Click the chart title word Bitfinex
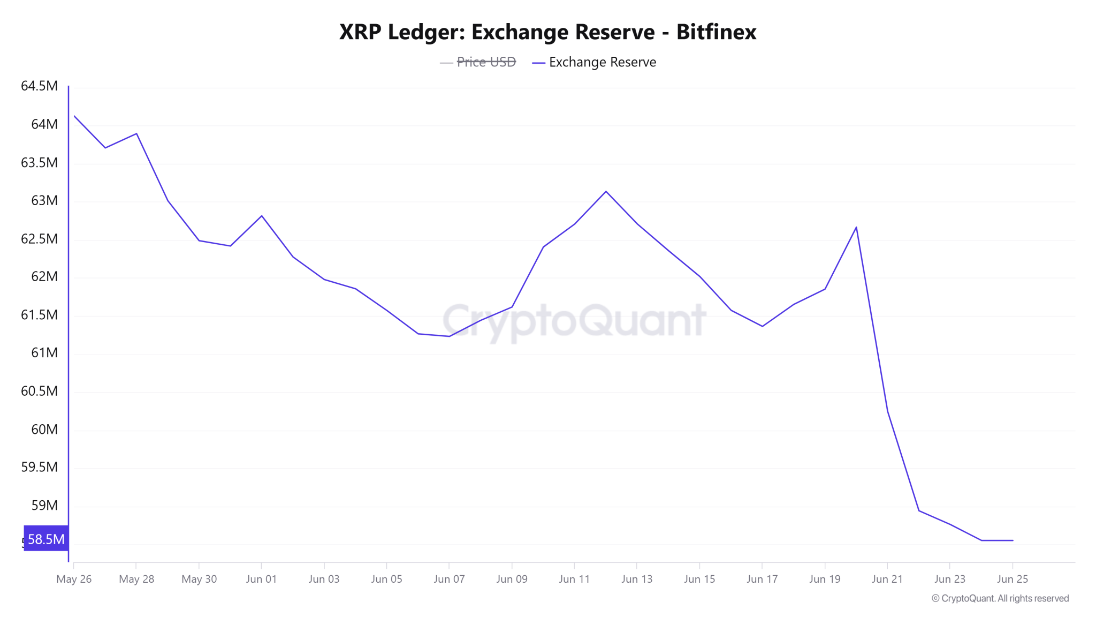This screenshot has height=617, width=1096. click(716, 32)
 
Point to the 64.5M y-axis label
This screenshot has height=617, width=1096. click(39, 86)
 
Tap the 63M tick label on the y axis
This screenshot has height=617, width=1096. click(44, 200)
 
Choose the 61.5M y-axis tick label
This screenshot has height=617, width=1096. click(39, 315)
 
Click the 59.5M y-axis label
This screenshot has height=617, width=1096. click(39, 467)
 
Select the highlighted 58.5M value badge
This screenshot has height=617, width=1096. click(46, 539)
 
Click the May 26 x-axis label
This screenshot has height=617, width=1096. click(74, 579)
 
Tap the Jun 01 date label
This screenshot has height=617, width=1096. click(261, 579)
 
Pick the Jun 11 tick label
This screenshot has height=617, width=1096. click(574, 579)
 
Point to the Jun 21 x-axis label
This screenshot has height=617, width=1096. click(887, 579)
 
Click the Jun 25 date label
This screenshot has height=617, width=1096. click(1013, 579)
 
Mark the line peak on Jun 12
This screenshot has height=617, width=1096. click(606, 191)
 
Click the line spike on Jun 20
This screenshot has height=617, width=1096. click(856, 227)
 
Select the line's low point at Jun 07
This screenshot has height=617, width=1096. click(449, 336)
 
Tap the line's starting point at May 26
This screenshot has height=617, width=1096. click(74, 116)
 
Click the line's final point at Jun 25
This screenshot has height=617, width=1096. click(1013, 540)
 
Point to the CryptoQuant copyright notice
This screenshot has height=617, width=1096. click(1000, 598)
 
